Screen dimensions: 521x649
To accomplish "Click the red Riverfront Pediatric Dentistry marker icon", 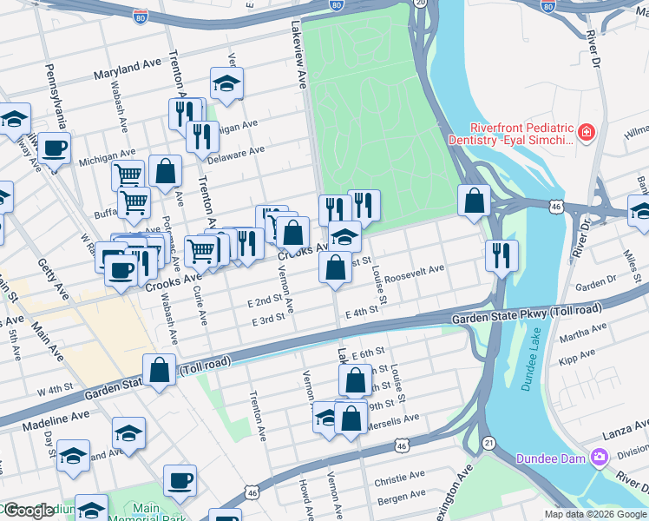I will tap(587, 133).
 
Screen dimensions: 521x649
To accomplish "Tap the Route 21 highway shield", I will tap(490, 443).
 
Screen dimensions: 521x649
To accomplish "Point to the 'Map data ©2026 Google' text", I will tap(594, 514).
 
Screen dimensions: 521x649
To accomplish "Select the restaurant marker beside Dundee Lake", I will tap(501, 253).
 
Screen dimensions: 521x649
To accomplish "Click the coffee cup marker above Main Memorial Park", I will tap(180, 480).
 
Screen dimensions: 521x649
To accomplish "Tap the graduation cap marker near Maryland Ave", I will tap(226, 83).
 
